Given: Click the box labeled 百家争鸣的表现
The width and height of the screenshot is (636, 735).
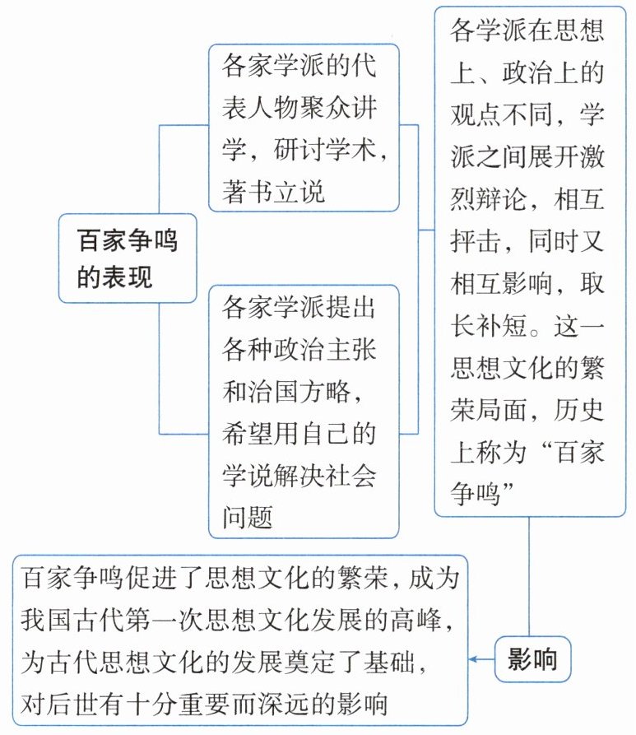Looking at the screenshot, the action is pyautogui.click(x=127, y=258).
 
